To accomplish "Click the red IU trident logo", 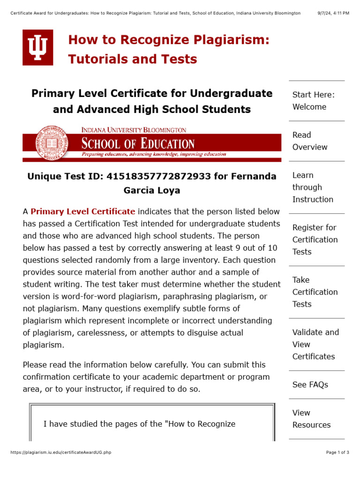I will (x=38, y=47).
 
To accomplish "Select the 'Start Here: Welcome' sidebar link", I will (x=314, y=101).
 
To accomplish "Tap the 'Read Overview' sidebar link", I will (x=310, y=141).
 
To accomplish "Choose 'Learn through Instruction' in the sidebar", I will (x=313, y=187).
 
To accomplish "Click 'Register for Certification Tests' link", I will (x=315, y=240).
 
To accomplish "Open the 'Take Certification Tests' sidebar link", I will (x=315, y=292).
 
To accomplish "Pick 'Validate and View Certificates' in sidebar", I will (x=315, y=345).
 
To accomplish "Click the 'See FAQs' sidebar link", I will (x=310, y=385).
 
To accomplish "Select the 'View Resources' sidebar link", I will (x=311, y=419).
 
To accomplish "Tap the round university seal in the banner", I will (x=52, y=143).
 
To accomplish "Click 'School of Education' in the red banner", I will (x=138, y=143).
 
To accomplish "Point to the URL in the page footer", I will (x=60, y=452).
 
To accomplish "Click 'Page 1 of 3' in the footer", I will (x=337, y=452).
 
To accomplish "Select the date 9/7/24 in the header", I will (x=325, y=13).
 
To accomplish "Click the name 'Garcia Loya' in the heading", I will (x=152, y=191).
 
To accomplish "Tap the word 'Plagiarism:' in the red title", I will (x=234, y=40).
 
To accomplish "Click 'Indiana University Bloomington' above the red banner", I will (x=134, y=130).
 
